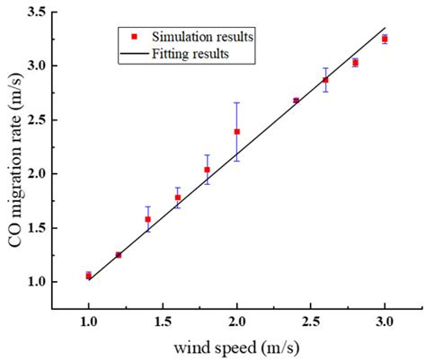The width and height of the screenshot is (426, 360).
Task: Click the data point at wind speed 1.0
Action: pos(88,276)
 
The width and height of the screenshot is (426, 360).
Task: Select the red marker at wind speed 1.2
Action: pos(118,255)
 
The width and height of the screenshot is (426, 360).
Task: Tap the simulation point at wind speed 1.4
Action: pos(147,219)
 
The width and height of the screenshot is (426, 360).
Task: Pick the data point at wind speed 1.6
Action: pos(177,198)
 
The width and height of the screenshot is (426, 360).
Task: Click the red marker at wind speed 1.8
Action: pos(207,170)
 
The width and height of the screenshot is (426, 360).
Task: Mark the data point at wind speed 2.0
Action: pos(236,132)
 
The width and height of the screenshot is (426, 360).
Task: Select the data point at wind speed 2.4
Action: pos(296,101)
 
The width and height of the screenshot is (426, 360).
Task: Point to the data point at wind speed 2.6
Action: pos(325,80)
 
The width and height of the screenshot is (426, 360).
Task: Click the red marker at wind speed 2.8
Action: pos(355,63)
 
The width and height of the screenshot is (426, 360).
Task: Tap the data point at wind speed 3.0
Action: pos(385,39)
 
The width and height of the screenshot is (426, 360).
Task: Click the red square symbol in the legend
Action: pos(133,37)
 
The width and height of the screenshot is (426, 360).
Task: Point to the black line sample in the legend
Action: pos(133,53)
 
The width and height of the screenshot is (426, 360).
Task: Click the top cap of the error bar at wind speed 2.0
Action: pos(236,102)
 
